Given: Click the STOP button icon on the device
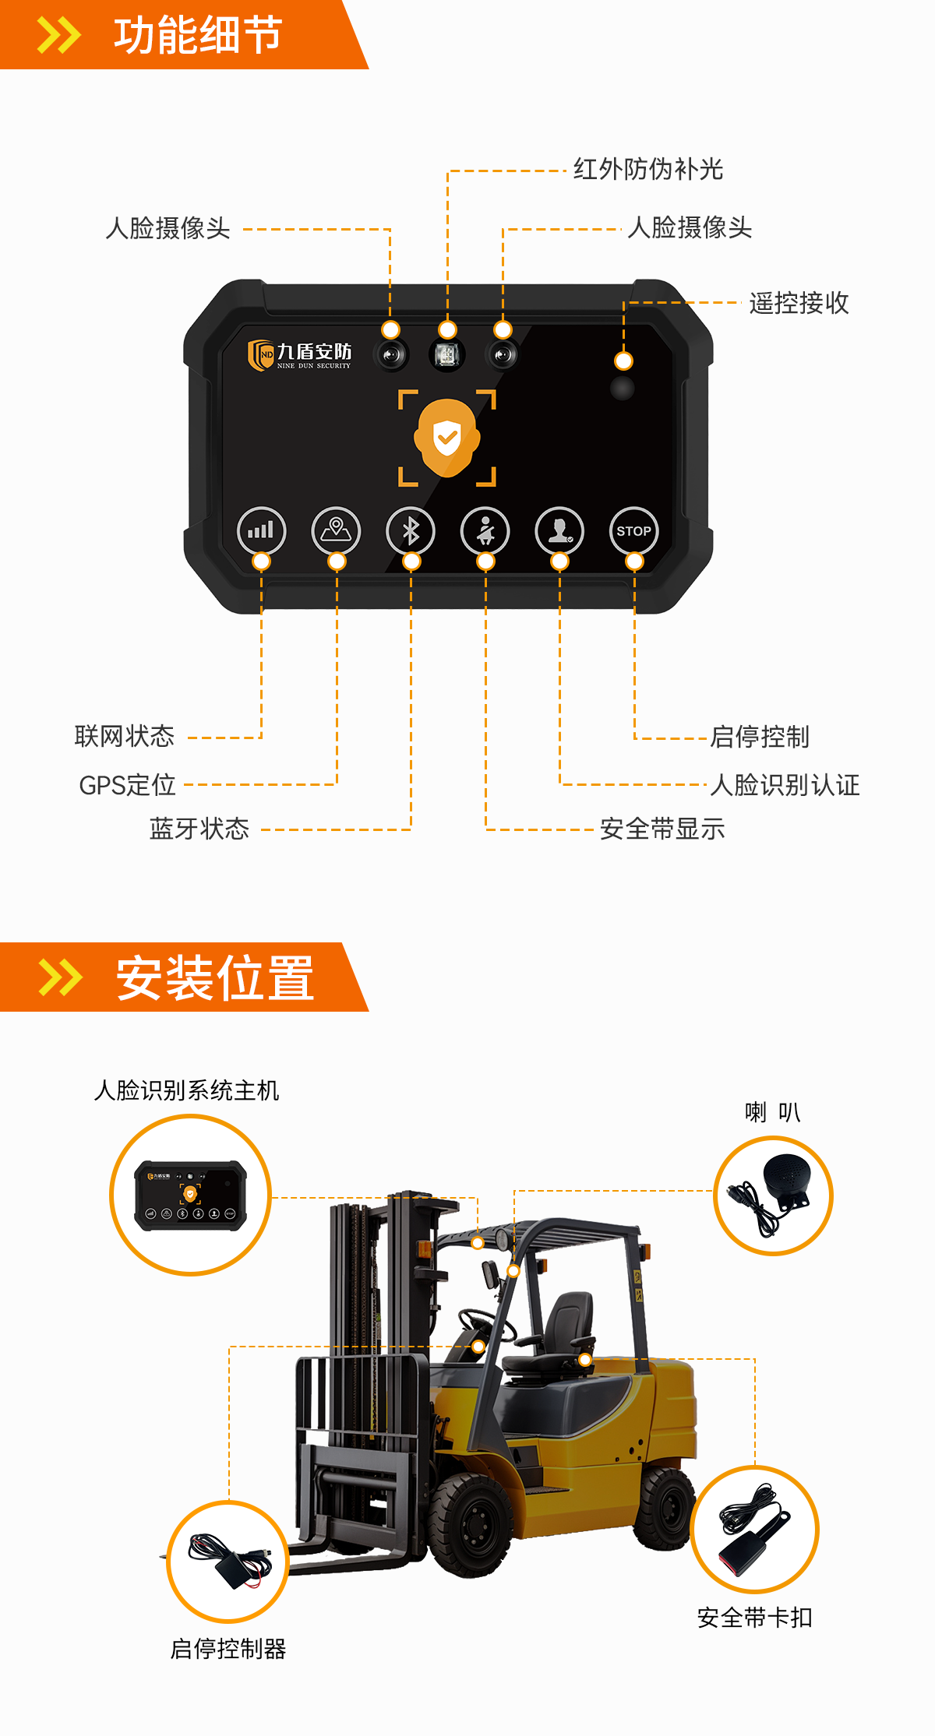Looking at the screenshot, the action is coord(633,531).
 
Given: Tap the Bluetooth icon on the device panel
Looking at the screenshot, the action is coord(411,531).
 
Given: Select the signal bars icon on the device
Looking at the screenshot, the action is coord(261,531).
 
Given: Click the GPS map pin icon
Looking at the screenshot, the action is coord(336,531).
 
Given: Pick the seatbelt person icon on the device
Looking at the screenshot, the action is coord(485,531).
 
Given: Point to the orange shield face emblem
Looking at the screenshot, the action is coord(446,437).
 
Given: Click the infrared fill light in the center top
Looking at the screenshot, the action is coord(446,355).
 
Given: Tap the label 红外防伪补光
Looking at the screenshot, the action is coord(648,169).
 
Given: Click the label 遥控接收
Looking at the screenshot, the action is coord(799,303).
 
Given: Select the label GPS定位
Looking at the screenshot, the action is coord(127,785).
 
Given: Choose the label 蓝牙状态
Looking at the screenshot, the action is coord(199,829).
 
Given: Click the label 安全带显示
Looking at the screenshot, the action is coord(662,829).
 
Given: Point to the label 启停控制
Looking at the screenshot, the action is coord(760,737).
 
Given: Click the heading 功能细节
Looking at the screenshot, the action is coord(198,35).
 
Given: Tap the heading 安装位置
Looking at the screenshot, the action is coord(215,978).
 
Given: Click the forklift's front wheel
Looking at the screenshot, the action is coord(471,1525).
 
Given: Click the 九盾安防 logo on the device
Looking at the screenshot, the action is coord(299,355).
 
